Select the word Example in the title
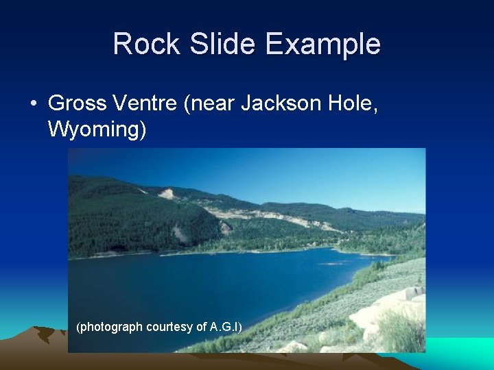[322, 45]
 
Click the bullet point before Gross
[33, 104]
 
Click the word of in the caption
[202, 327]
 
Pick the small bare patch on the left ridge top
[167, 194]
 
